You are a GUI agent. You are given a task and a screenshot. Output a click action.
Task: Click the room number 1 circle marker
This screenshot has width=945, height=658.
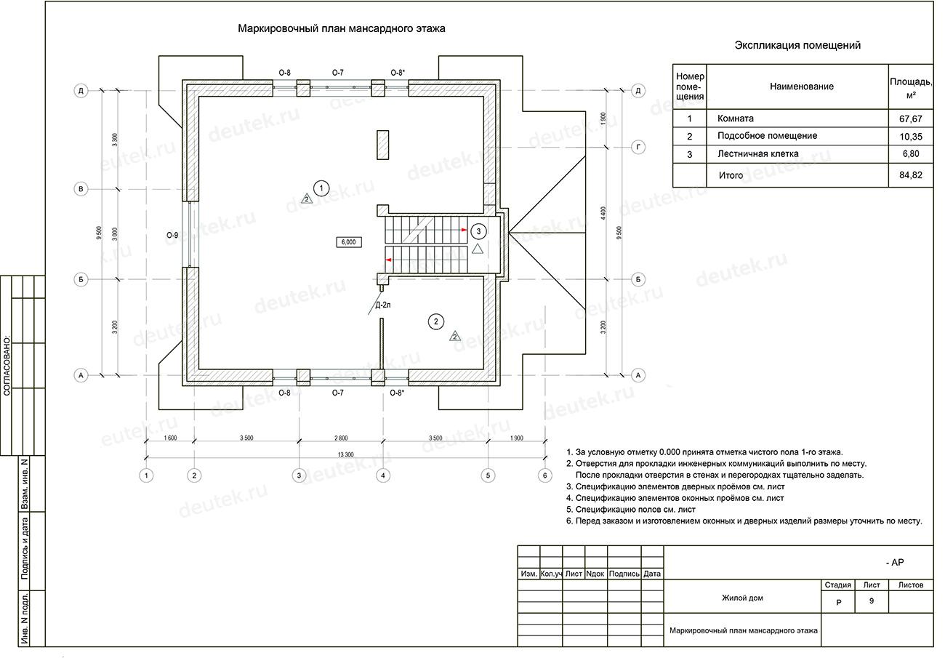pos(322,188)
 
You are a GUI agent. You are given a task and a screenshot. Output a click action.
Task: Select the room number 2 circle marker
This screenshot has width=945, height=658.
pos(436,321)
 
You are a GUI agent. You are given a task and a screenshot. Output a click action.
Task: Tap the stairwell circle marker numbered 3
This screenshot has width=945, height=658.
pos(478,231)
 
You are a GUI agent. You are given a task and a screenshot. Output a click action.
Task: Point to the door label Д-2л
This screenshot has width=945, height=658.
pos(383,305)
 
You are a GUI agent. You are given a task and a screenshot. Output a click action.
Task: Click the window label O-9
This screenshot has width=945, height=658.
pos(172,235)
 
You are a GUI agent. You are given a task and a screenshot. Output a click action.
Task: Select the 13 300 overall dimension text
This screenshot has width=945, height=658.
pos(345,454)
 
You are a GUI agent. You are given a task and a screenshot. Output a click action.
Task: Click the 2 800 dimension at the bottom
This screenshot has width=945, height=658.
pos(340,438)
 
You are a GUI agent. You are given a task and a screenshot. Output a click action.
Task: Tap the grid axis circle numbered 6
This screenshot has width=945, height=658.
pos(545,476)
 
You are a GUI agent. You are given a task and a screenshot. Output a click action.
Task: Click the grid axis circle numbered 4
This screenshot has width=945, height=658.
pos(383,476)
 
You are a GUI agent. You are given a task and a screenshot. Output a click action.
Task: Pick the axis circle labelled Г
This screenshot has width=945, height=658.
pos(638,147)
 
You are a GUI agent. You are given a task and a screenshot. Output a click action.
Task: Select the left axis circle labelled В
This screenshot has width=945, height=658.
pos(81,189)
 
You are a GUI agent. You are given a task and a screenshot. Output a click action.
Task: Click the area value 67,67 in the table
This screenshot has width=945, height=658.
pos(910,119)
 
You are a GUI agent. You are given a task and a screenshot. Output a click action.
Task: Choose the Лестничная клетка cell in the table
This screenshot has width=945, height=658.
pos(757,154)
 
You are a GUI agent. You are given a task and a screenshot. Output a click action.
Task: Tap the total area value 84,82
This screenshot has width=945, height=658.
pos(910,175)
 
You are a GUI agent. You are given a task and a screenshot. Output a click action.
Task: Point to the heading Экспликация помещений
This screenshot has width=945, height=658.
pos(797,45)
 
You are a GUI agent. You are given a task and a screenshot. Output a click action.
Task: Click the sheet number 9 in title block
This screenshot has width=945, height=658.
pos(871,602)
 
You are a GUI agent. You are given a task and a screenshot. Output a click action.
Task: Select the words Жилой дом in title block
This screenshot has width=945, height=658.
pos(742,598)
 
